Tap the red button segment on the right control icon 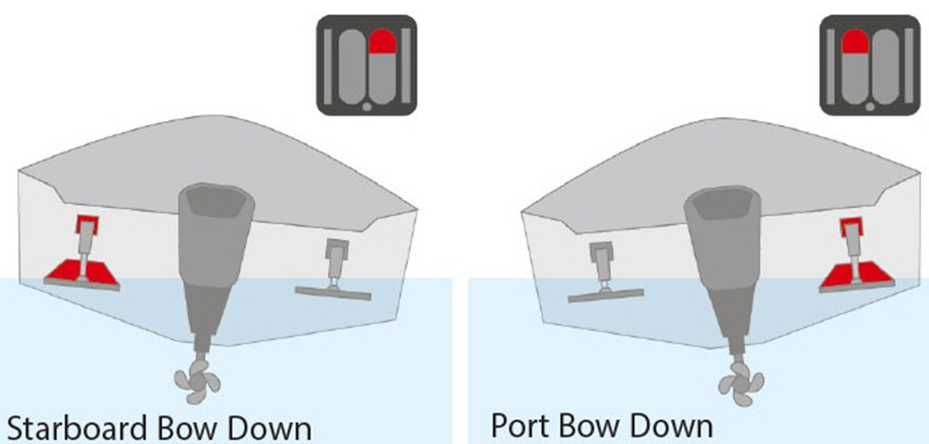(855, 42)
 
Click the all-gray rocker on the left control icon (353, 65)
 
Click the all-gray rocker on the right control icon (885, 65)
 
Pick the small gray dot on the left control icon (367, 107)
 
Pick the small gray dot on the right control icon (870, 107)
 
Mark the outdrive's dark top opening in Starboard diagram (217, 201)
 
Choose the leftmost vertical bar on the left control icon (330, 65)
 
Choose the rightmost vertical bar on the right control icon (908, 65)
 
